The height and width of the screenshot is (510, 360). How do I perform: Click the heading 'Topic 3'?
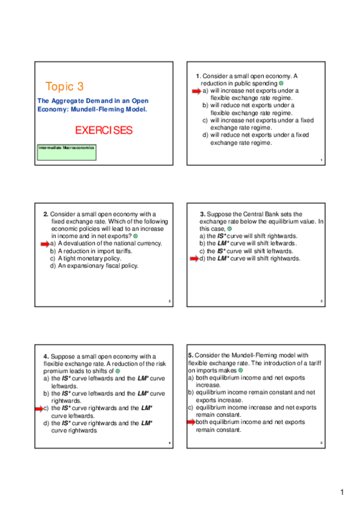coord(65,86)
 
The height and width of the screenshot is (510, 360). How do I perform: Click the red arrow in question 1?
coord(196,91)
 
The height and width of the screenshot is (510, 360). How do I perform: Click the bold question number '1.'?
coord(198,76)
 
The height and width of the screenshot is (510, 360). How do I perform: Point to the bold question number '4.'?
coord(46,356)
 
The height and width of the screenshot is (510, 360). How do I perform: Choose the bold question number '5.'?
coord(191,355)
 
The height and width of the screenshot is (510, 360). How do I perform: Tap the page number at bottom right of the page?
coord(342,493)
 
